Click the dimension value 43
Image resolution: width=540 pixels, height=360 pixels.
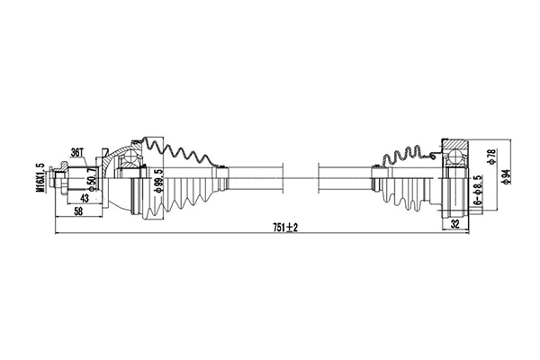coord(85,198)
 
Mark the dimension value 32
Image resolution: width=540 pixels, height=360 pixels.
coord(456,226)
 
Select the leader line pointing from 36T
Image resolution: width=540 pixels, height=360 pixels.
coord(90,158)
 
